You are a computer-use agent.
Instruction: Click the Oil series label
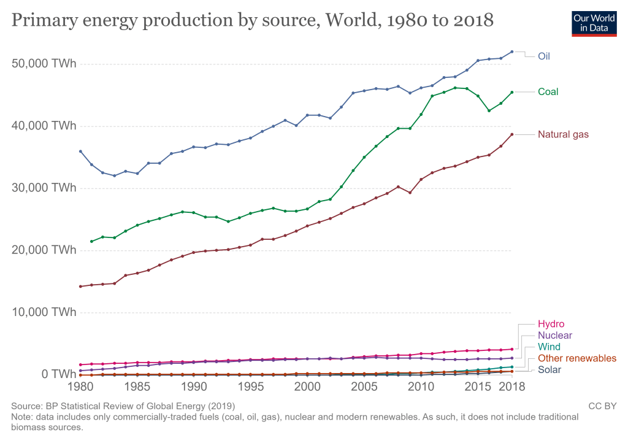coord(544,56)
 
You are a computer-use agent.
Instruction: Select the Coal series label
coord(548,92)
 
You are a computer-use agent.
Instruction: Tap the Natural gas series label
coord(563,134)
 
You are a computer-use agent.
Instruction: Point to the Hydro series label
coord(551,324)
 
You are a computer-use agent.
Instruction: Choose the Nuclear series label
coord(555,336)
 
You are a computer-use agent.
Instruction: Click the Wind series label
coord(549,347)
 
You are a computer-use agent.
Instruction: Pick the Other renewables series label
coord(577,358)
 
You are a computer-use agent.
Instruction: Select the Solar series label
coord(549,369)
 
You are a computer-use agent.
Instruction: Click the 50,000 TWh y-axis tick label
coord(43,64)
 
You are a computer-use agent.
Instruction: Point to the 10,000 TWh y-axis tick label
coord(43,312)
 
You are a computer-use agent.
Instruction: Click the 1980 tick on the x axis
coord(80,388)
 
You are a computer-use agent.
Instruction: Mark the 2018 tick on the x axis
coord(512,388)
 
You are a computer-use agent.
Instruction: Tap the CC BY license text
coord(602,406)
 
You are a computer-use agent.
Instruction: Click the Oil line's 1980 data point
coord(80,151)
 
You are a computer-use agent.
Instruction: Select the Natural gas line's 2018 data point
coord(512,134)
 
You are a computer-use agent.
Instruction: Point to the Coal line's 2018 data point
coord(512,92)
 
